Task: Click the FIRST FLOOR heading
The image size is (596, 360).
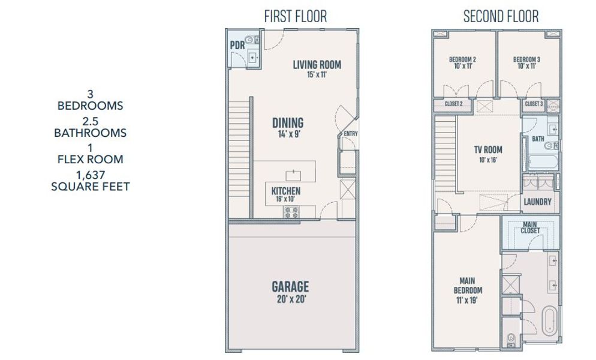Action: pyautogui.click(x=296, y=16)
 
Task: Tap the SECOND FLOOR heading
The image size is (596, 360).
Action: pyautogui.click(x=501, y=16)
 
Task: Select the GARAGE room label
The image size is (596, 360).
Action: pyautogui.click(x=290, y=286)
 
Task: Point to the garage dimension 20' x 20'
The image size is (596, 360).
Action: pyautogui.click(x=290, y=298)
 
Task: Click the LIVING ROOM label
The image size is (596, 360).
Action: pyautogui.click(x=317, y=65)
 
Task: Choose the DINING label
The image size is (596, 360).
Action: pyautogui.click(x=288, y=123)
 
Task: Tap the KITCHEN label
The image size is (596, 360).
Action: pyautogui.click(x=286, y=191)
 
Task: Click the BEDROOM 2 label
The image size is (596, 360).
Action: pyautogui.click(x=463, y=59)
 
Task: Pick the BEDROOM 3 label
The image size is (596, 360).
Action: pyautogui.click(x=526, y=59)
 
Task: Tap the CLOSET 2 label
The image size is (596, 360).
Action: pyautogui.click(x=453, y=104)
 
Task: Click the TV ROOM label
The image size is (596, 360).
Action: pyautogui.click(x=489, y=149)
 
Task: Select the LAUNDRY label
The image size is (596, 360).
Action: pyautogui.click(x=537, y=202)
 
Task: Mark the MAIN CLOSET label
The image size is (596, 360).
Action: pyautogui.click(x=531, y=227)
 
